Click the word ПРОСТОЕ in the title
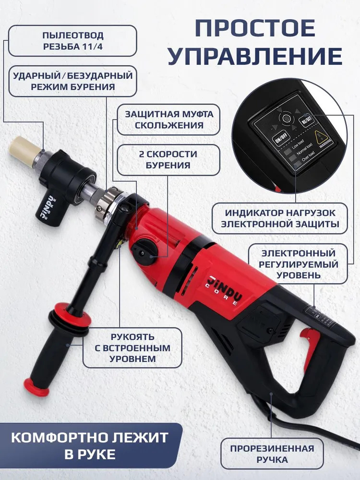(x=255, y=28)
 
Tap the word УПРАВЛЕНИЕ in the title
(x=255, y=56)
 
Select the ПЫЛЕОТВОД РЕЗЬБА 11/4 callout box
(x=72, y=41)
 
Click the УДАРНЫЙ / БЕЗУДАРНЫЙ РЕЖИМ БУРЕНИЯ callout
(x=72, y=81)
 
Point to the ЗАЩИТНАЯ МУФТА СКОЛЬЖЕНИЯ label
(x=168, y=120)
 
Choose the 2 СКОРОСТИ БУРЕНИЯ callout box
(x=168, y=160)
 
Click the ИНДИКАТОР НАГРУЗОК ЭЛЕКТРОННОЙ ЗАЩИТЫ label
(x=280, y=218)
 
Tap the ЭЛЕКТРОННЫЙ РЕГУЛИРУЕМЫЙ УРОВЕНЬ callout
(x=298, y=264)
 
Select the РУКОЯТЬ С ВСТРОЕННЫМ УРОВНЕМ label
(x=132, y=348)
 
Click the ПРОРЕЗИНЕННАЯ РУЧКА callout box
(x=272, y=454)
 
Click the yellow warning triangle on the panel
(x=319, y=136)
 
